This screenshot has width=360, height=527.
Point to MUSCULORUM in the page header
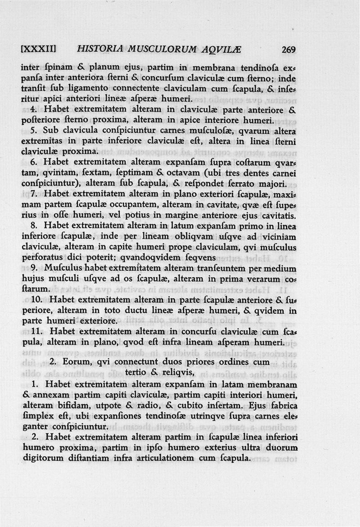point(171,50)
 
